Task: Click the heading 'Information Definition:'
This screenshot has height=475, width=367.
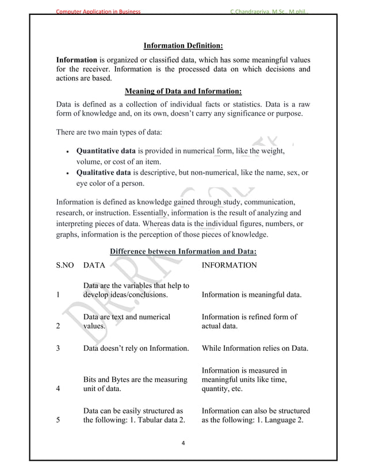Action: point(183,45)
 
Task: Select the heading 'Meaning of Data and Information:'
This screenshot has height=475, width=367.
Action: point(183,91)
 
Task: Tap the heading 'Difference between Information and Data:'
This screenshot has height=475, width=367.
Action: point(183,251)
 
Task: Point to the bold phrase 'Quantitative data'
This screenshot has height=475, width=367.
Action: point(110,151)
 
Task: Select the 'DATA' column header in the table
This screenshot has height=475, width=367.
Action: point(94,266)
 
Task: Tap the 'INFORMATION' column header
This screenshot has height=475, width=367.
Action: point(230,266)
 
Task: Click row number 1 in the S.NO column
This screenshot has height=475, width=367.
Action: point(58,296)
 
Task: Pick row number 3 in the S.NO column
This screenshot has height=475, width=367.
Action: point(58,348)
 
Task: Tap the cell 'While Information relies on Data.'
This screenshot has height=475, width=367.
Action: point(255,348)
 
